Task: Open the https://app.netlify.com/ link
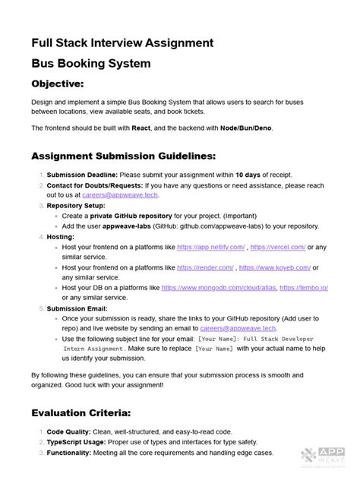click(x=211, y=247)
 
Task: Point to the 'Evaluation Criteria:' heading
click(x=81, y=413)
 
